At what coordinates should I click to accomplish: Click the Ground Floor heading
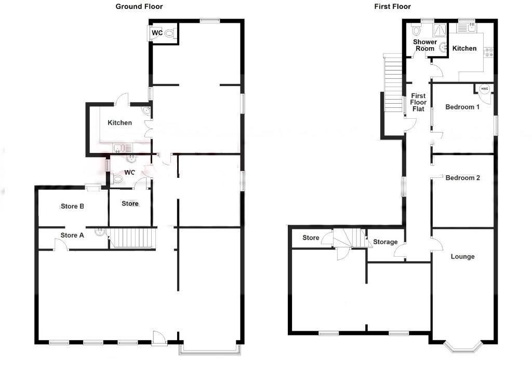[139, 7]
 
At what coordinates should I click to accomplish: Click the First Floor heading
[392, 7]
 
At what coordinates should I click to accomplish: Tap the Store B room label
[72, 206]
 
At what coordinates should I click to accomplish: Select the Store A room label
[72, 235]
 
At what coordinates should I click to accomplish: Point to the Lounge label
[462, 257]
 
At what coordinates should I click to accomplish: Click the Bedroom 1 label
[462, 107]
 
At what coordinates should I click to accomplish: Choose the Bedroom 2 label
[462, 178]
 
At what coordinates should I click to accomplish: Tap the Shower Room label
[424, 45]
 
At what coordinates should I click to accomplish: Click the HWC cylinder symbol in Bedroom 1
[484, 89]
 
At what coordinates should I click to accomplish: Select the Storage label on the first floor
[385, 242]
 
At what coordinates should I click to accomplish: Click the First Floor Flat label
[418, 103]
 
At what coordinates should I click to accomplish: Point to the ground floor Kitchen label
[119, 123]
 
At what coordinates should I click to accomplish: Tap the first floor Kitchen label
[464, 48]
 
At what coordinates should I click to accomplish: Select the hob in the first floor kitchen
[488, 52]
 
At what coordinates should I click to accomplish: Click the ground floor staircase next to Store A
[132, 239]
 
